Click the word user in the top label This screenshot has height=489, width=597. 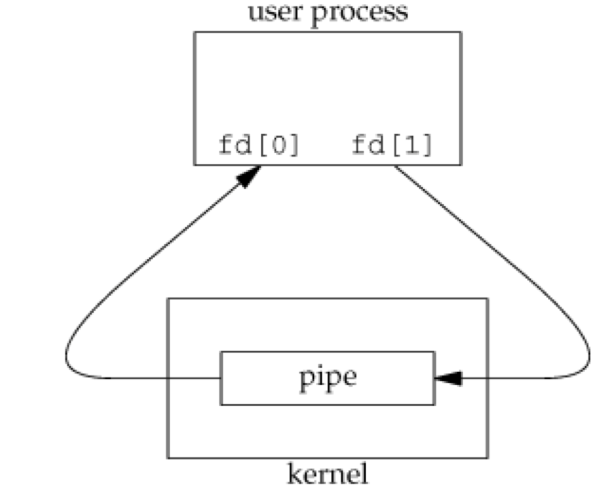coord(275,12)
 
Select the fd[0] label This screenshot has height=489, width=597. coord(259,145)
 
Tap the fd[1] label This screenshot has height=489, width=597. coord(392,145)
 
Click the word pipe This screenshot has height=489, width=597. coord(327,378)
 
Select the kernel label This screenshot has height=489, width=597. coord(328,474)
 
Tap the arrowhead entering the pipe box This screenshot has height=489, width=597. coord(447,378)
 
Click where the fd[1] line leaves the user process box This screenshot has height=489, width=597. coord(395,165)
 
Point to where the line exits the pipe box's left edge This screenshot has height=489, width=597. coord(221,378)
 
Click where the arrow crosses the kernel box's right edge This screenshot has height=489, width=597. coord(487,378)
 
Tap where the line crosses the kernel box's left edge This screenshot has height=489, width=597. coord(169,378)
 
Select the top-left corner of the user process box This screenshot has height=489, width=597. coord(195,32)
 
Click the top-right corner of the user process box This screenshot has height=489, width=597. coord(460,32)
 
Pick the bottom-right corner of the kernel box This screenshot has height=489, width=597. coord(487,458)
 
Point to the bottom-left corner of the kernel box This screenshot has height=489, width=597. coord(169,458)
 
